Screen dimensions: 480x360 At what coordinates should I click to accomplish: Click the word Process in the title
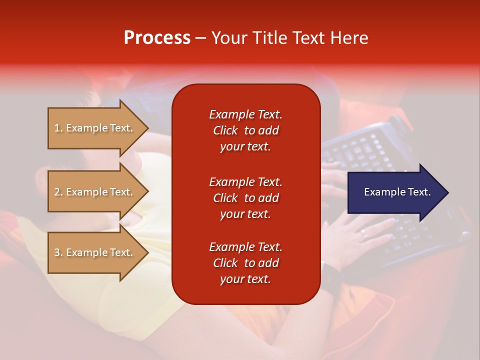157,38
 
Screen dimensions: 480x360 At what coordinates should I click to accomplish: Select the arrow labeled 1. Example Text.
98,128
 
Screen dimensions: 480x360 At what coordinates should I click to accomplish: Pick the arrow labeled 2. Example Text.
98,191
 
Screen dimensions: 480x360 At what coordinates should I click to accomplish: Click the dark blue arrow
398,192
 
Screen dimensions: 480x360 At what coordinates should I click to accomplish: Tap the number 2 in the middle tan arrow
57,192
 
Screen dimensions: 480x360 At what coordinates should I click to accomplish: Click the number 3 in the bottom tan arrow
57,252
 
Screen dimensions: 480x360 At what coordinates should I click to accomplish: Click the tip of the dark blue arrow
448,192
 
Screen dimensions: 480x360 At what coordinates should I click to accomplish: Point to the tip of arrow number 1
148,128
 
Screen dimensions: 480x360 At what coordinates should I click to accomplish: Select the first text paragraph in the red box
246,130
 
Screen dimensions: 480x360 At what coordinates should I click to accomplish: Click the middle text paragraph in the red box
246,198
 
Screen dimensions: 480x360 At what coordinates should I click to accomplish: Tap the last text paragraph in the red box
246,262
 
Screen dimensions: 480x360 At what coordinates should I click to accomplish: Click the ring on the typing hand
364,234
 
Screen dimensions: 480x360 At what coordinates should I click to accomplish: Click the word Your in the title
229,38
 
